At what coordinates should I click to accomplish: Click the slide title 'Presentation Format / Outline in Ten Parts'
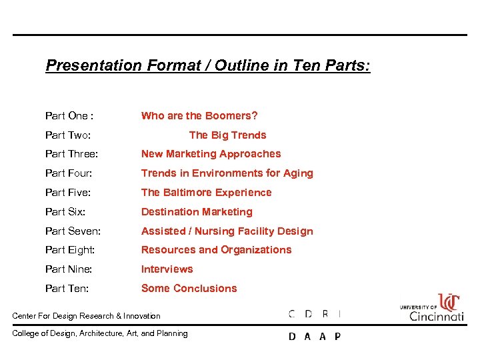[208, 66]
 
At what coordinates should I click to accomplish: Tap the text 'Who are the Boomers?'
[199, 116]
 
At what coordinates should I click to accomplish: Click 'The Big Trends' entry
[227, 135]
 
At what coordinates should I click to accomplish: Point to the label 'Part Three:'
[71, 154]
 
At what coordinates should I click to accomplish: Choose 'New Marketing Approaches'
[211, 154]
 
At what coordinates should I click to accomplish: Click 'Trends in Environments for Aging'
[227, 173]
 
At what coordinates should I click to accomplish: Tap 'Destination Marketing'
[197, 212]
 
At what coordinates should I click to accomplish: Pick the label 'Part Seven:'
[73, 231]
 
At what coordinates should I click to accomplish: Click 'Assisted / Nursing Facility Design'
[227, 231]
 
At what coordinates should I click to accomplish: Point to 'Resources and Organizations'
[216, 250]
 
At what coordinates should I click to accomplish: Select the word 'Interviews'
[167, 269]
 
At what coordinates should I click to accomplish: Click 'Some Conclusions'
[189, 289]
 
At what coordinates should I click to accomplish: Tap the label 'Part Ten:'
[67, 289]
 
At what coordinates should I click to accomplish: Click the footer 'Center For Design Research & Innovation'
[87, 316]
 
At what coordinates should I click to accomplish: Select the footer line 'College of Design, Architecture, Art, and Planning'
[100, 333]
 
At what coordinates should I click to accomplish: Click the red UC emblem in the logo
[449, 302]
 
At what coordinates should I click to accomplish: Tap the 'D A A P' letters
[314, 337]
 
